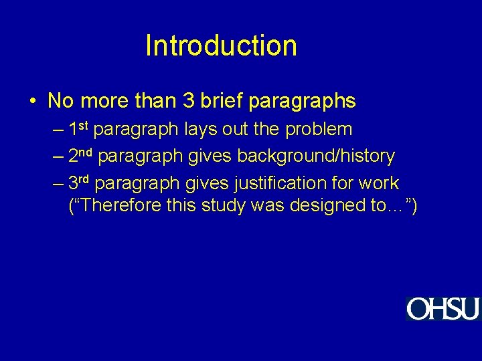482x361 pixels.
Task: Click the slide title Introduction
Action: [221, 46]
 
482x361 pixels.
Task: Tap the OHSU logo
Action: [443, 309]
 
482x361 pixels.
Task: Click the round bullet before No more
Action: [33, 102]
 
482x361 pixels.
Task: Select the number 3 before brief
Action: [185, 102]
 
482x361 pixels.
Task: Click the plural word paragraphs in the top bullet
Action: [302, 102]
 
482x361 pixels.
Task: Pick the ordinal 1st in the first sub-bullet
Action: [80, 128]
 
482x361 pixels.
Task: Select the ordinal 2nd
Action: [82, 156]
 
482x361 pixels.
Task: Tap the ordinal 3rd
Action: [81, 183]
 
